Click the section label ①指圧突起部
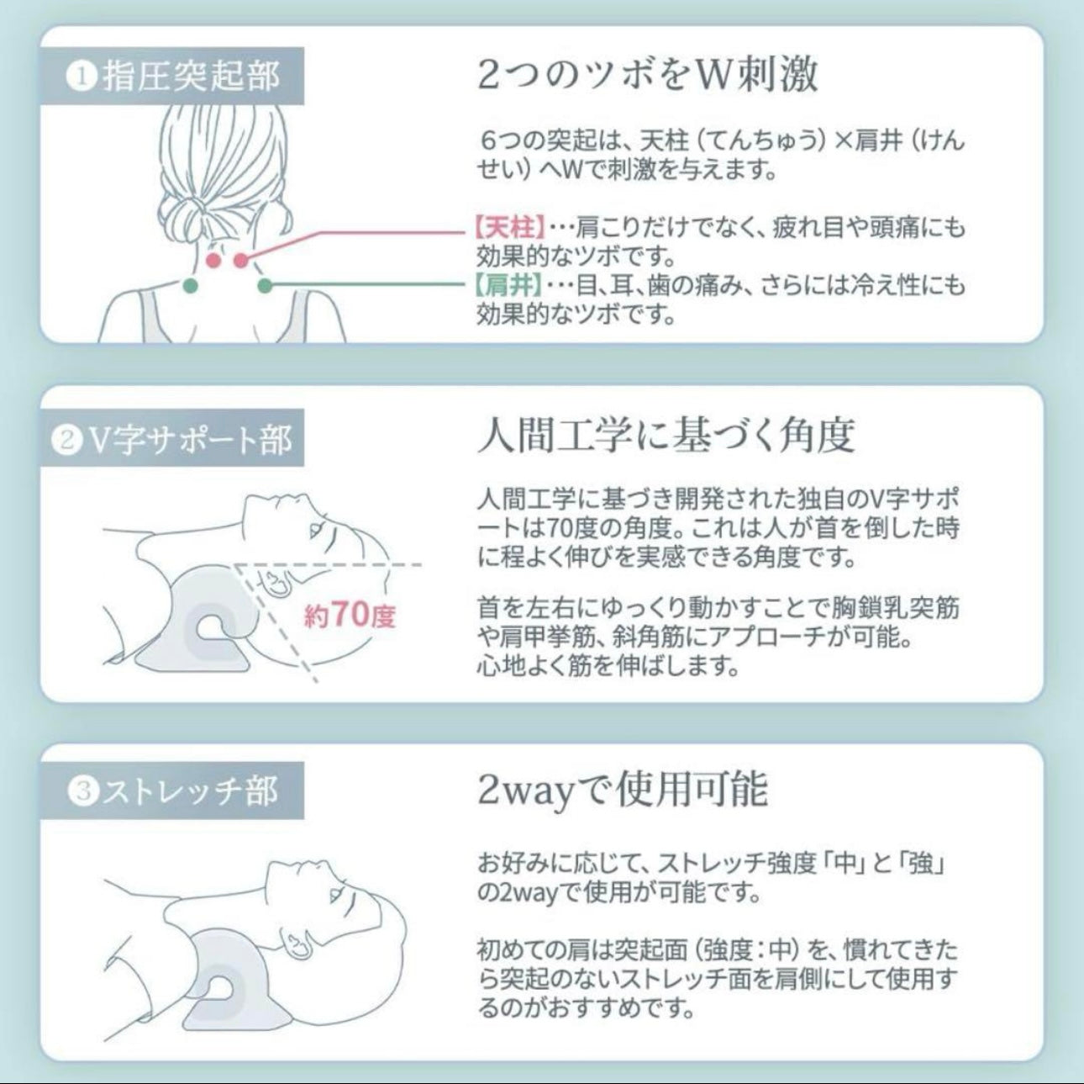(x=172, y=76)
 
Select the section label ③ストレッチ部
(x=172, y=791)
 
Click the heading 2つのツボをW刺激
(x=647, y=76)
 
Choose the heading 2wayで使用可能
(x=622, y=789)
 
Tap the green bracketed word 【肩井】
(x=508, y=285)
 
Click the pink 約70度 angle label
(x=350, y=615)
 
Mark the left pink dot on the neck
(x=213, y=260)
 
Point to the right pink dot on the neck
(x=241, y=260)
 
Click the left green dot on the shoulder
(x=191, y=285)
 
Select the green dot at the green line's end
(x=265, y=285)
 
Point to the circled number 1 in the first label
(x=82, y=77)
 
